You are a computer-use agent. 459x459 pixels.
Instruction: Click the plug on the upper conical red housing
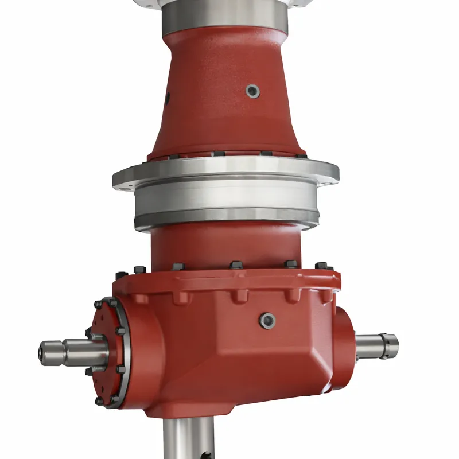252,91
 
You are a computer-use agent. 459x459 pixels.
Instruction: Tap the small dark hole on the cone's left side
168,95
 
